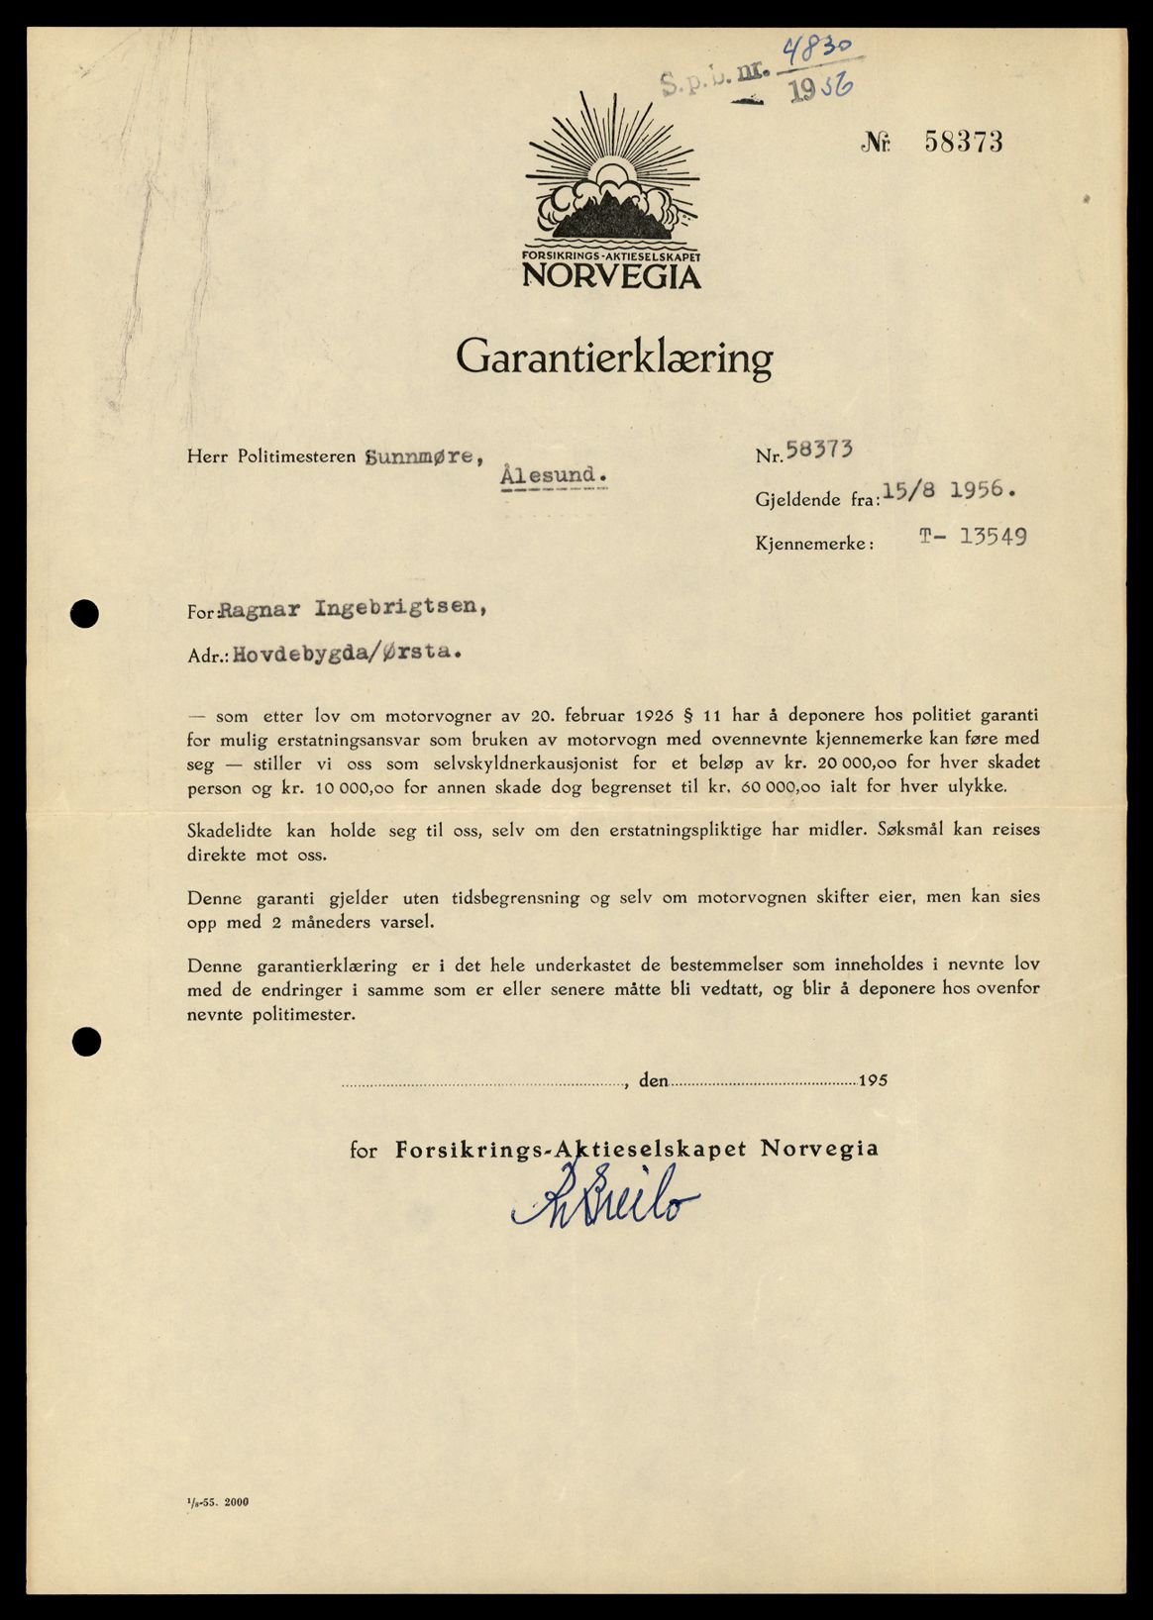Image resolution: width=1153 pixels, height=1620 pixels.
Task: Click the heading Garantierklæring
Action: click(x=613, y=357)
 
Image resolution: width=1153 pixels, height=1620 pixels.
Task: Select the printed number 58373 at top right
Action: click(x=963, y=143)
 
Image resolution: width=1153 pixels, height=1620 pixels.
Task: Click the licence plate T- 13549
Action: click(x=972, y=537)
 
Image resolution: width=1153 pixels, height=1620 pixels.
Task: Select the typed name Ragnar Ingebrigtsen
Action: click(x=352, y=610)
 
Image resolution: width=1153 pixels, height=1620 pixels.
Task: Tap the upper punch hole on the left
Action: click(x=86, y=614)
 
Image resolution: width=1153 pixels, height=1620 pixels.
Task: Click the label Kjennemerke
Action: click(x=814, y=544)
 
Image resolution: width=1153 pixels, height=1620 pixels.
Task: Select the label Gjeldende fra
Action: click(x=817, y=500)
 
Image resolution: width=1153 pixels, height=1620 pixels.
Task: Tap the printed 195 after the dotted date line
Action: click(x=873, y=1080)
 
